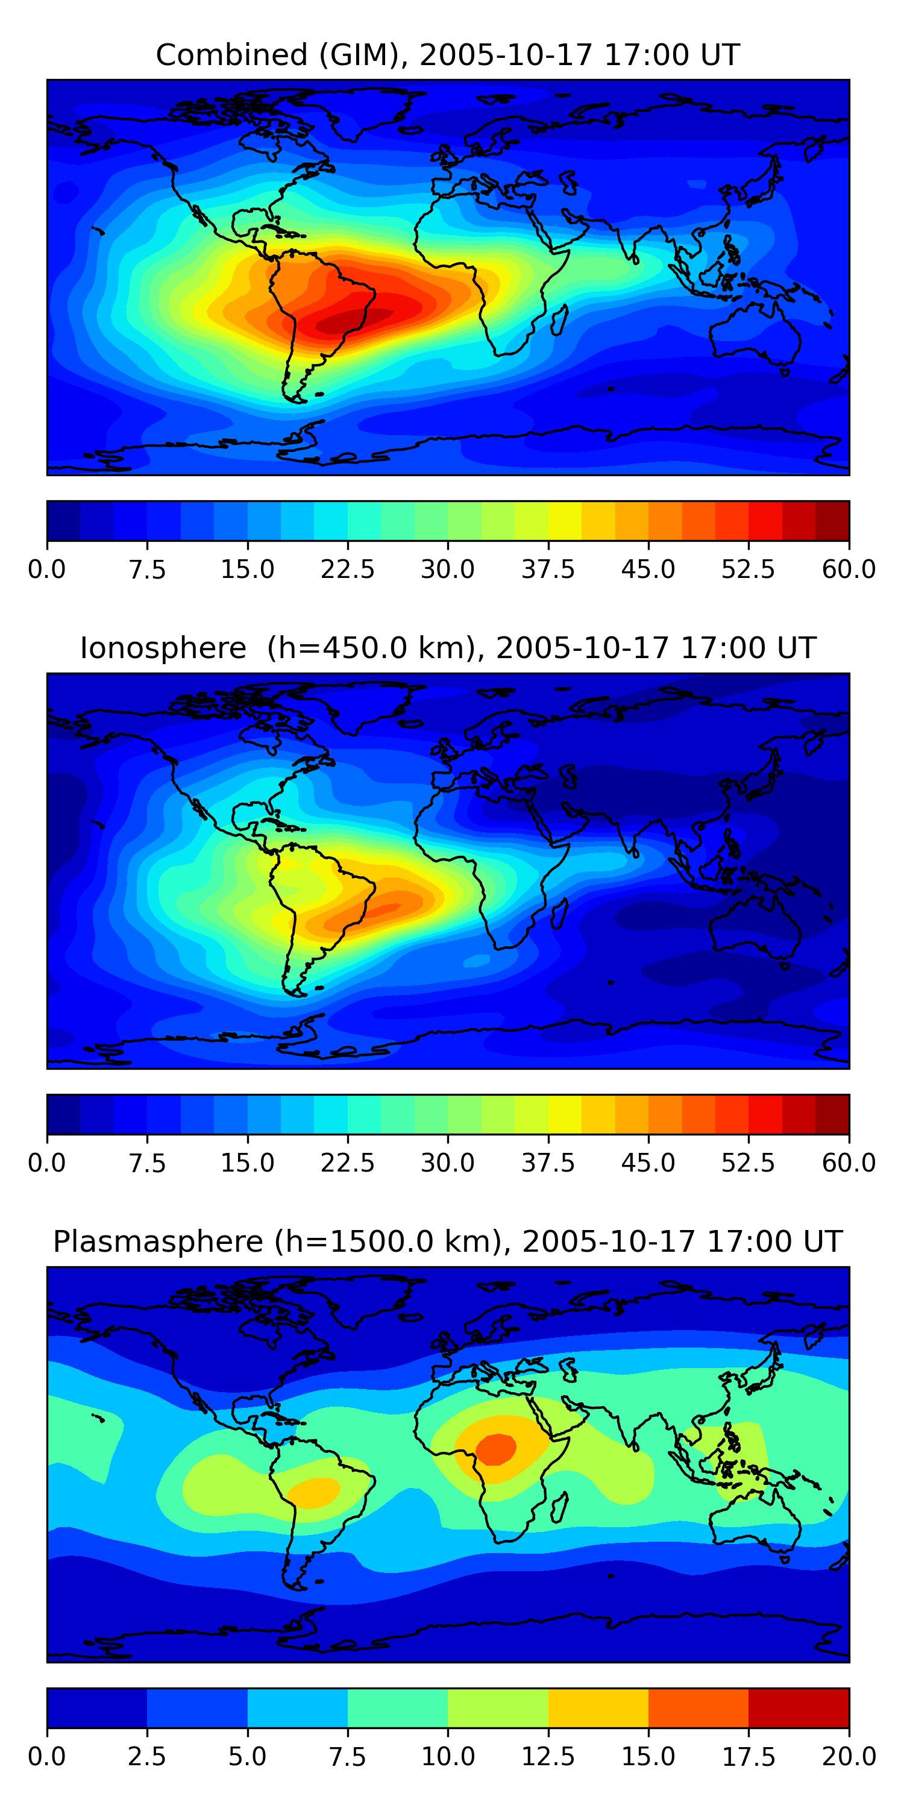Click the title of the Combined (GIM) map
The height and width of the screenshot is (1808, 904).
point(448,55)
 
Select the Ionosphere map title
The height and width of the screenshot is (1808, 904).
point(448,648)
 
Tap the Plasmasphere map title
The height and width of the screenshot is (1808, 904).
point(448,1241)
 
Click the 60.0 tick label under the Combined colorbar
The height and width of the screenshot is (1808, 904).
point(849,569)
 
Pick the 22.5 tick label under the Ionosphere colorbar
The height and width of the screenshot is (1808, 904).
point(347,1163)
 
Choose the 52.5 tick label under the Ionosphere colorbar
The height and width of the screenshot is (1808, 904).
point(748,1163)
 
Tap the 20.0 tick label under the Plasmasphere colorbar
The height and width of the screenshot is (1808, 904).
point(849,1757)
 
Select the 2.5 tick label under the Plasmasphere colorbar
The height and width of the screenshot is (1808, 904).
point(146,1757)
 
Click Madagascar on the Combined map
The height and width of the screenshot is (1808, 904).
point(559,320)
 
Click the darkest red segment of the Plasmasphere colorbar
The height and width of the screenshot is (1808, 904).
point(798,1707)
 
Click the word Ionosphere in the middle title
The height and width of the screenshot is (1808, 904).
point(163,648)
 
